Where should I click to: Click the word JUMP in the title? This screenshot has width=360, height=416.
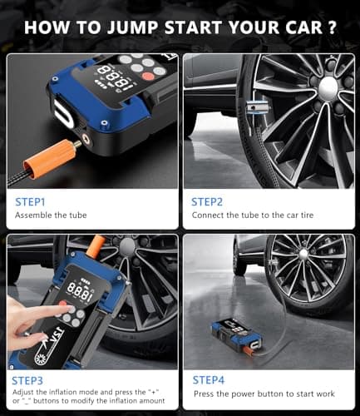(x=133, y=28)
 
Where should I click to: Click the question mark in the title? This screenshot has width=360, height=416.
(x=332, y=27)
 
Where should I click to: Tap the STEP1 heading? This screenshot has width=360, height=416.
(x=30, y=202)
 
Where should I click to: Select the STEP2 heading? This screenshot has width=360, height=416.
(x=207, y=202)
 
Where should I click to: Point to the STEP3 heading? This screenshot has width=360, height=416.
(x=27, y=381)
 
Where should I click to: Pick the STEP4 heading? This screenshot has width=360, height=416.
(x=208, y=380)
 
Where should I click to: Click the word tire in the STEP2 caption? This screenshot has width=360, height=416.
(x=307, y=215)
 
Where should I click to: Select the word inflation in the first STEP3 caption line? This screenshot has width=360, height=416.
(x=63, y=392)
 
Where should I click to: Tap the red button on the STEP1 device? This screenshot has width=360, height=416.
(x=148, y=76)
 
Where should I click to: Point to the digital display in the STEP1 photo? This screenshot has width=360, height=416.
(x=116, y=77)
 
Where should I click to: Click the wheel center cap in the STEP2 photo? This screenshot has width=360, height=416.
(x=328, y=87)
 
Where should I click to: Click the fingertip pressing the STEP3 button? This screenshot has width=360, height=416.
(x=71, y=308)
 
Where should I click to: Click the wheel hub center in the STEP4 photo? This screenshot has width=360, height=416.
(x=303, y=253)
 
